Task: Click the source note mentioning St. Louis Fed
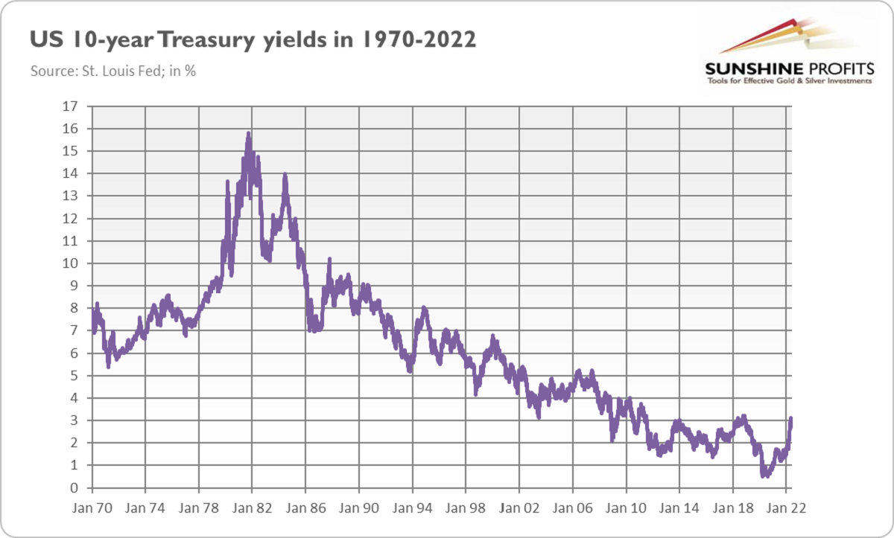coord(112,72)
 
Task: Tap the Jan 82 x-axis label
coord(252,509)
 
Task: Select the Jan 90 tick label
coord(358,509)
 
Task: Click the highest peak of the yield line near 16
coord(248,133)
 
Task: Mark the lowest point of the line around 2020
coord(764,475)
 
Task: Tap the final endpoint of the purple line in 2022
coord(790,419)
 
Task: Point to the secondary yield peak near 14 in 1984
coord(285,176)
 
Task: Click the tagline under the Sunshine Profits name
coord(787,80)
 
